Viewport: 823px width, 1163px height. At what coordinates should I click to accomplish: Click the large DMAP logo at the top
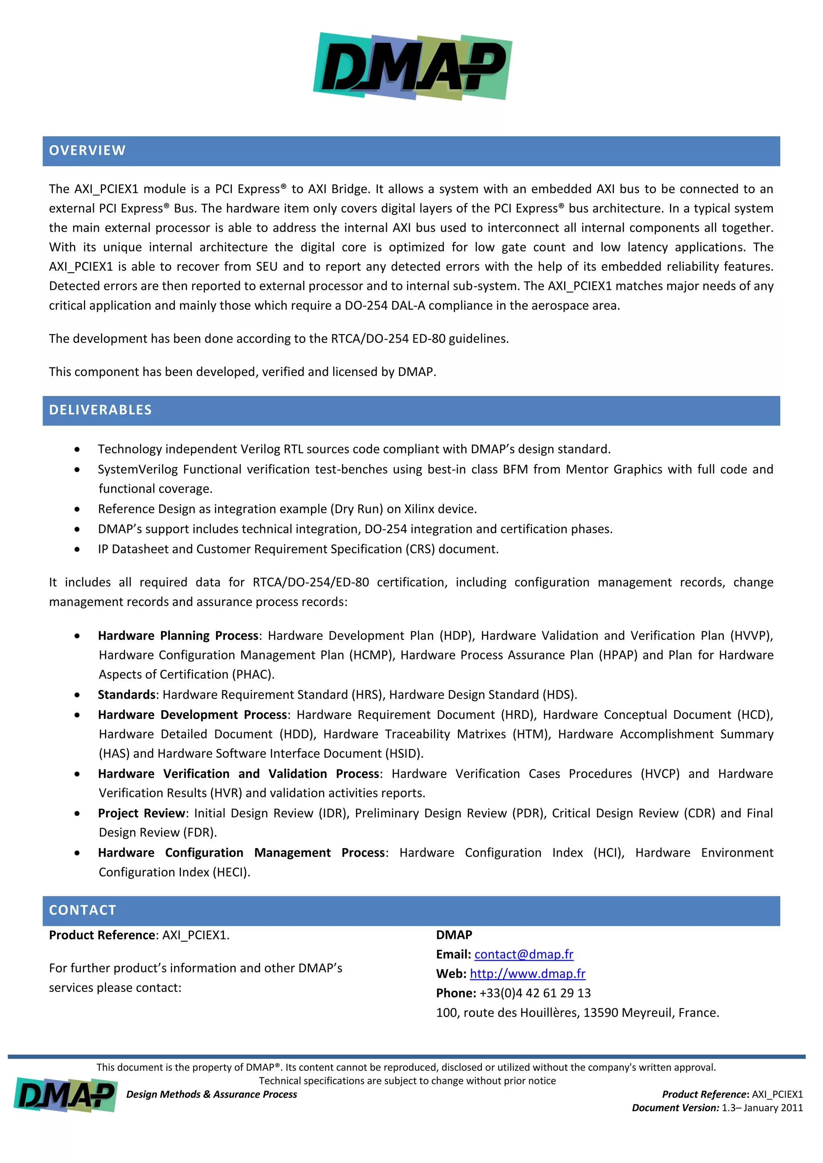coord(413,66)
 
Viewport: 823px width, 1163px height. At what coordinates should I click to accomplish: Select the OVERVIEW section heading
coord(87,151)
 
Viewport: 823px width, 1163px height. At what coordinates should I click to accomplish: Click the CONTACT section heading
coord(83,910)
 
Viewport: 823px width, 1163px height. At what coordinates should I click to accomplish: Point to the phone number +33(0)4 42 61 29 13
coord(534,993)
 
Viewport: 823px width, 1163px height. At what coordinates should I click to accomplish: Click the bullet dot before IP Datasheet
coord(77,550)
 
